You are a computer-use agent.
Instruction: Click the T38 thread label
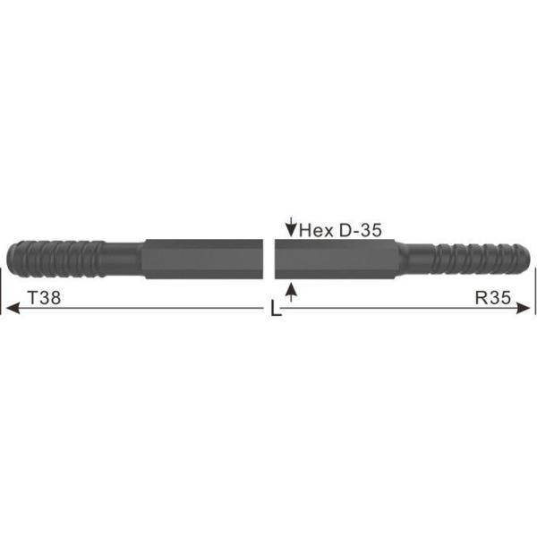[44, 300]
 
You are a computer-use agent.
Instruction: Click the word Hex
[315, 229]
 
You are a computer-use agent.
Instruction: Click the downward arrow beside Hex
[290, 226]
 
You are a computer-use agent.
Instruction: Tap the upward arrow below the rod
[290, 292]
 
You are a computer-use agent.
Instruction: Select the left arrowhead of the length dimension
[11, 309]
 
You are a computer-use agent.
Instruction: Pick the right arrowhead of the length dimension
[528, 309]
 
